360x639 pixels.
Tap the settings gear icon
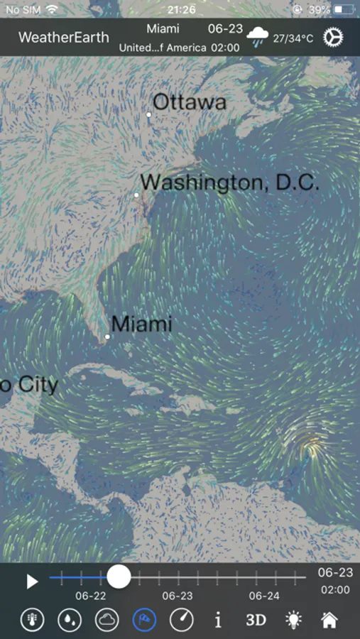[x=333, y=37]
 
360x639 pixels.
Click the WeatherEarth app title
[x=64, y=38]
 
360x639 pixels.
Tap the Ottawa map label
[x=190, y=102]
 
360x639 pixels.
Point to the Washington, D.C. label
[x=229, y=182]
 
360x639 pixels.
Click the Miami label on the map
[x=142, y=324]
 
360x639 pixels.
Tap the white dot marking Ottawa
[x=149, y=114]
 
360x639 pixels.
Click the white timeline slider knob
[x=119, y=576]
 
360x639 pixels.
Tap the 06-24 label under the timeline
[x=264, y=596]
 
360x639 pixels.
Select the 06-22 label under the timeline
[x=91, y=596]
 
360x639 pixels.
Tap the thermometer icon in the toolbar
[x=32, y=620]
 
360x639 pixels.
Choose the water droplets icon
[x=70, y=620]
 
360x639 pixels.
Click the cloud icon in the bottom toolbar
[x=107, y=620]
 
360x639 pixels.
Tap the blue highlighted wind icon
[x=145, y=620]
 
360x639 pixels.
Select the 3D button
[x=256, y=620]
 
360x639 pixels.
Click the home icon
[x=329, y=620]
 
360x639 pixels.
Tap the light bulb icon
[x=293, y=620]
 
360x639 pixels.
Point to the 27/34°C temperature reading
[x=293, y=38]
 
